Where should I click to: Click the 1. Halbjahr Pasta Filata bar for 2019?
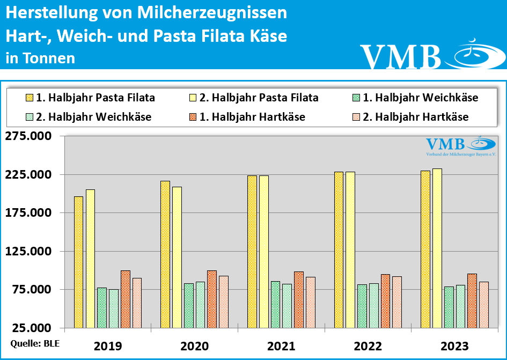[x=78, y=262]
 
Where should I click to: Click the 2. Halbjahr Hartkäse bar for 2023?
[x=484, y=304]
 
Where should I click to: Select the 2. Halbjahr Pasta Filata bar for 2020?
[x=177, y=257]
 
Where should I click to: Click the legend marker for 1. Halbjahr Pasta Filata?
[x=30, y=98]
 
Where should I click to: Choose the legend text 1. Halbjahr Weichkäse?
[x=421, y=98]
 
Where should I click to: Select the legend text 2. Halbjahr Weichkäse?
[x=93, y=117]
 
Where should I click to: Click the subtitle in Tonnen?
[x=40, y=58]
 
